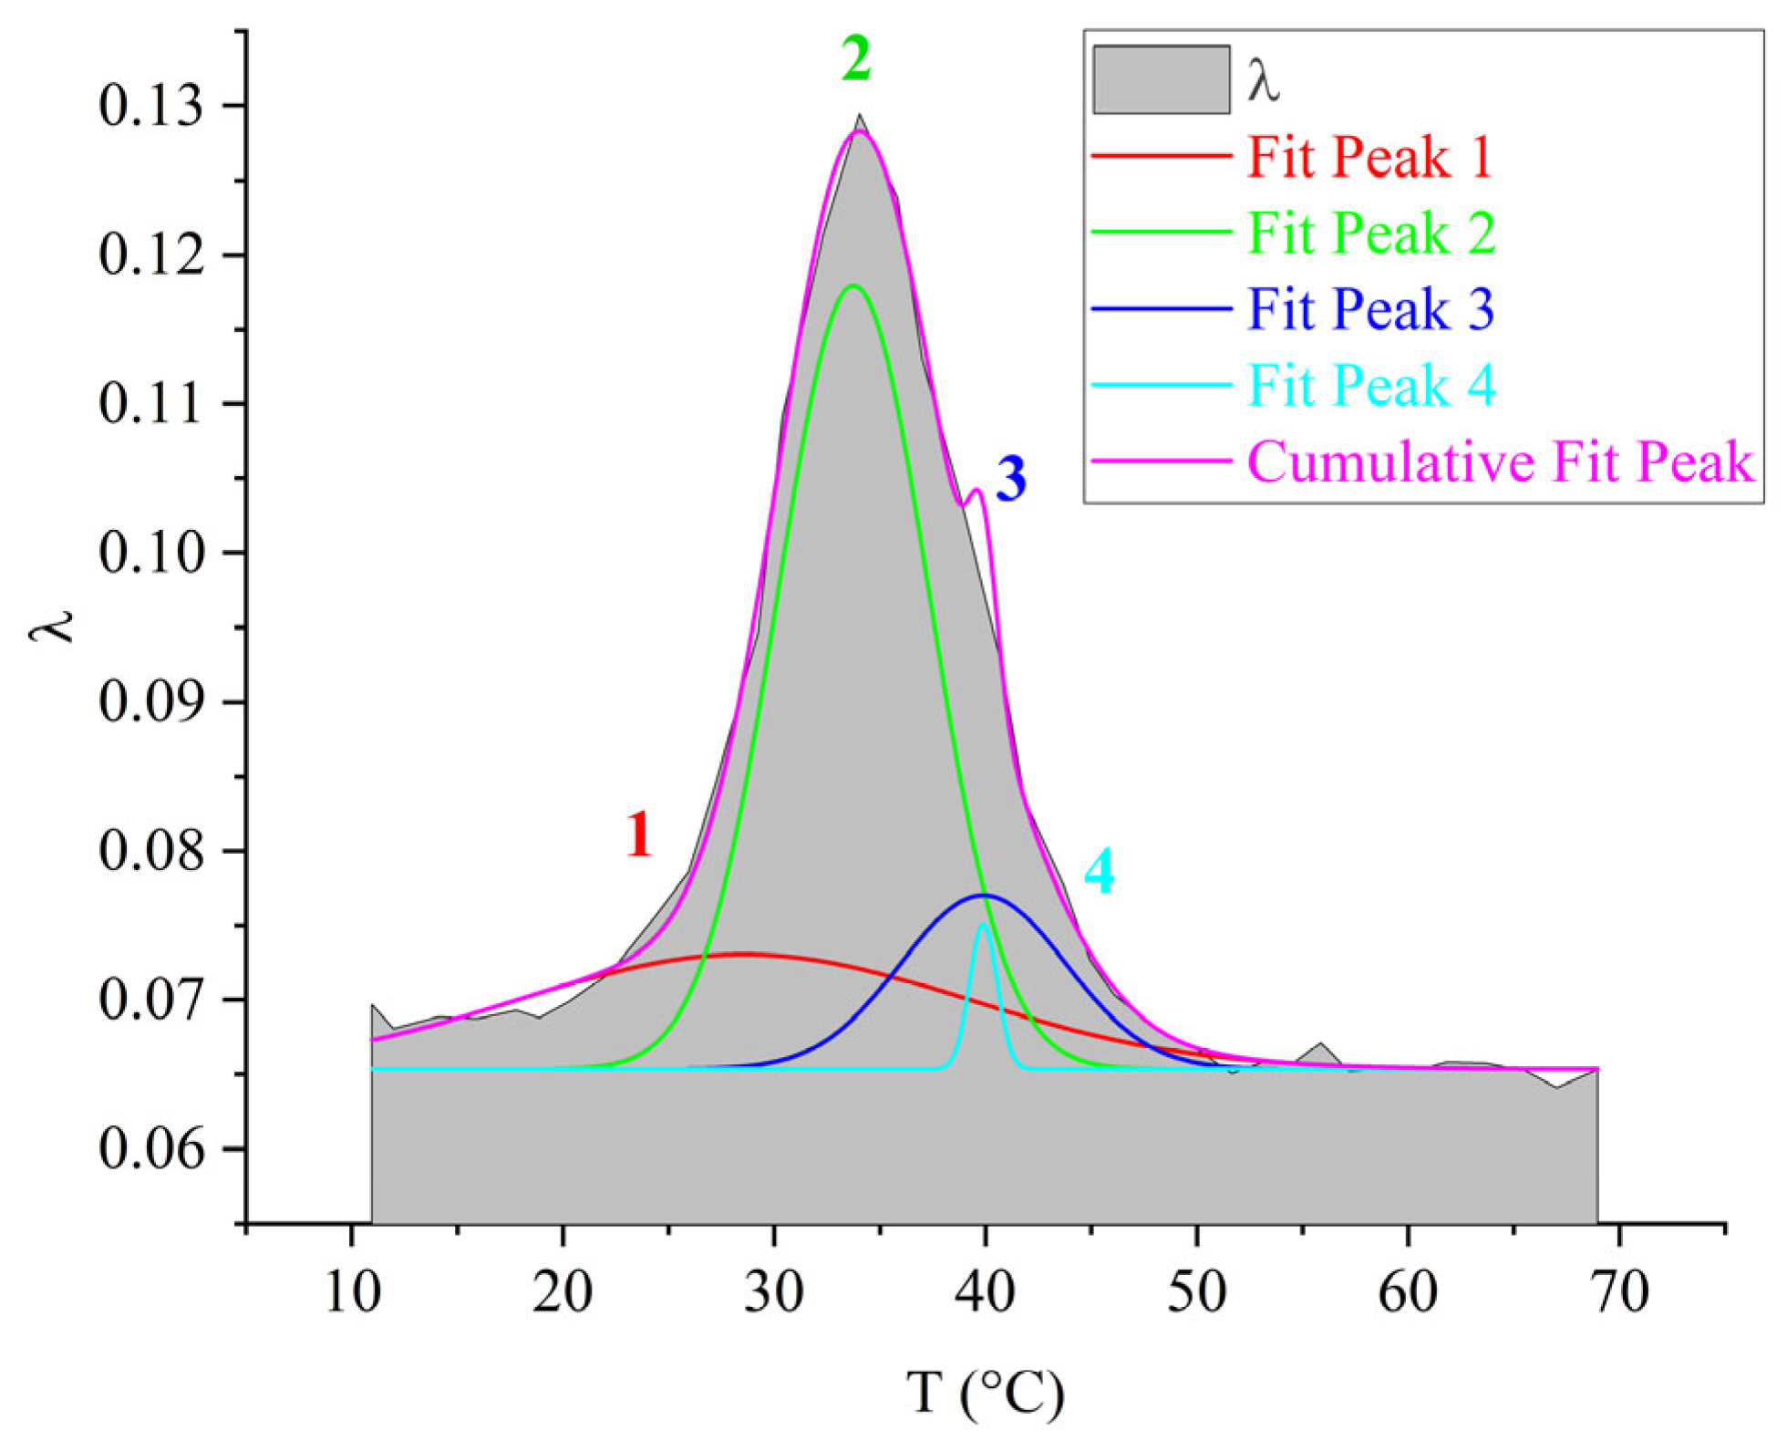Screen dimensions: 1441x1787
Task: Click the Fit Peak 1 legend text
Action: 1369,157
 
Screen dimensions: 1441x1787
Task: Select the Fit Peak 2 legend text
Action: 1370,233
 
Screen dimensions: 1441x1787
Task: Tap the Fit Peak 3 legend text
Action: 1370,309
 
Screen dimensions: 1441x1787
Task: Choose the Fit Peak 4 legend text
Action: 1371,385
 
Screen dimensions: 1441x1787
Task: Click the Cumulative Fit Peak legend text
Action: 1500,461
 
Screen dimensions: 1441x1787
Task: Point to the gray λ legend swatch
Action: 1161,80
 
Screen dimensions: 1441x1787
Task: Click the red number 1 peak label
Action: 638,835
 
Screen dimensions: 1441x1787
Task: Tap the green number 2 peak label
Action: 855,60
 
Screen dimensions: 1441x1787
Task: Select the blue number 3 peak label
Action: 1010,480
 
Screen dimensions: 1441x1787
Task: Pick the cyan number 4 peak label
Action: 1099,871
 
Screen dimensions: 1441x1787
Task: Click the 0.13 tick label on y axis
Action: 150,106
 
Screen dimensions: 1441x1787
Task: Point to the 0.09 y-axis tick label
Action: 150,702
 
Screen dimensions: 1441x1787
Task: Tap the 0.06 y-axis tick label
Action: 150,1149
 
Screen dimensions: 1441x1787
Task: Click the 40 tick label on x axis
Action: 985,1292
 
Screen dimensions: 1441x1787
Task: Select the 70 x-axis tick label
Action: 1618,1292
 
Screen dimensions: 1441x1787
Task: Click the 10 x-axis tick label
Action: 352,1292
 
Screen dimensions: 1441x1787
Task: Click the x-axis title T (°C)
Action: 985,1393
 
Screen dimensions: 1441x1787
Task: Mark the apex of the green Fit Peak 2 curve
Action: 852,285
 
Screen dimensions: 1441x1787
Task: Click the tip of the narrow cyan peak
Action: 983,924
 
